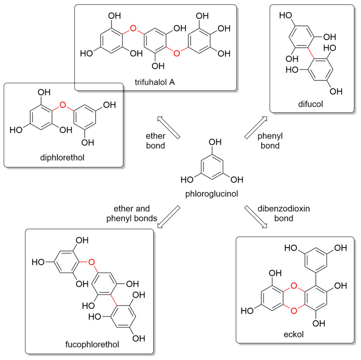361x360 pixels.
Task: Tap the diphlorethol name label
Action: (64, 158)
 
